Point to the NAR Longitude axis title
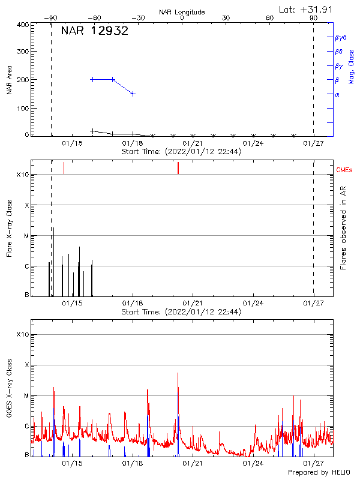click(182, 12)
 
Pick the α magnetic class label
click(337, 94)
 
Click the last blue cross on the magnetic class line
click(133, 94)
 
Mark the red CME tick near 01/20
click(178, 168)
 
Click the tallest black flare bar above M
click(53, 230)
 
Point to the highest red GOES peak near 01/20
click(178, 373)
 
